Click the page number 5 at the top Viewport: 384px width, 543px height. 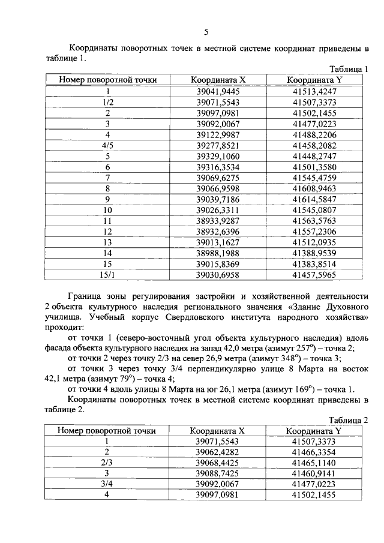[206, 32]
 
